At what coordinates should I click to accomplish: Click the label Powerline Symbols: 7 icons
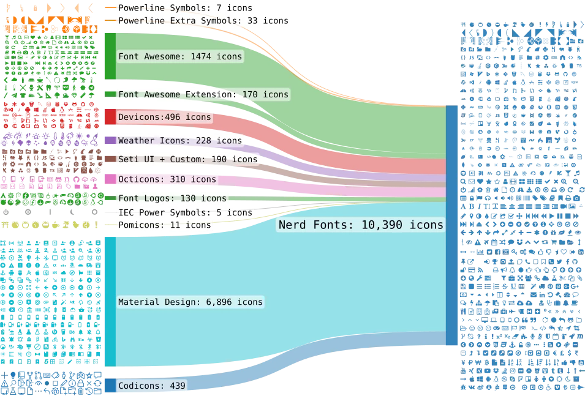(185, 9)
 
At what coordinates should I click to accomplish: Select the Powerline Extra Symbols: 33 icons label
(203, 21)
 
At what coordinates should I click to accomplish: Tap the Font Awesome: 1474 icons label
(180, 56)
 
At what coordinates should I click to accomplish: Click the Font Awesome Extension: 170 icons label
(203, 95)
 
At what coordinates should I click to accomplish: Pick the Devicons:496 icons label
(164, 117)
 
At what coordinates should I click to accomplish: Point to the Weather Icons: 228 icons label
(180, 141)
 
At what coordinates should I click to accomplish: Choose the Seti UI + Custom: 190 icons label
(187, 159)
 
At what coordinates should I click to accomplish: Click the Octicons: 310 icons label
(167, 179)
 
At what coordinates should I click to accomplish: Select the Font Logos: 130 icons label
(172, 198)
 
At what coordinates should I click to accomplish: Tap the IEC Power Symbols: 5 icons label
(185, 212)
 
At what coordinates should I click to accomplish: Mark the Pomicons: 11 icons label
(164, 225)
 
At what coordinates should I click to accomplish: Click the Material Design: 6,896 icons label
(190, 302)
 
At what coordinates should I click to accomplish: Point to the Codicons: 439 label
(151, 386)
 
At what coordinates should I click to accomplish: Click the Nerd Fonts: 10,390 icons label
(361, 225)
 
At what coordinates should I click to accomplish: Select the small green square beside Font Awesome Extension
(110, 94)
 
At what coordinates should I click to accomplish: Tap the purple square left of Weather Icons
(110, 141)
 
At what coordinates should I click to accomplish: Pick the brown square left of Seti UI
(110, 159)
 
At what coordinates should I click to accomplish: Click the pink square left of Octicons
(110, 179)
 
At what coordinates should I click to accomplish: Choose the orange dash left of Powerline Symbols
(109, 8)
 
